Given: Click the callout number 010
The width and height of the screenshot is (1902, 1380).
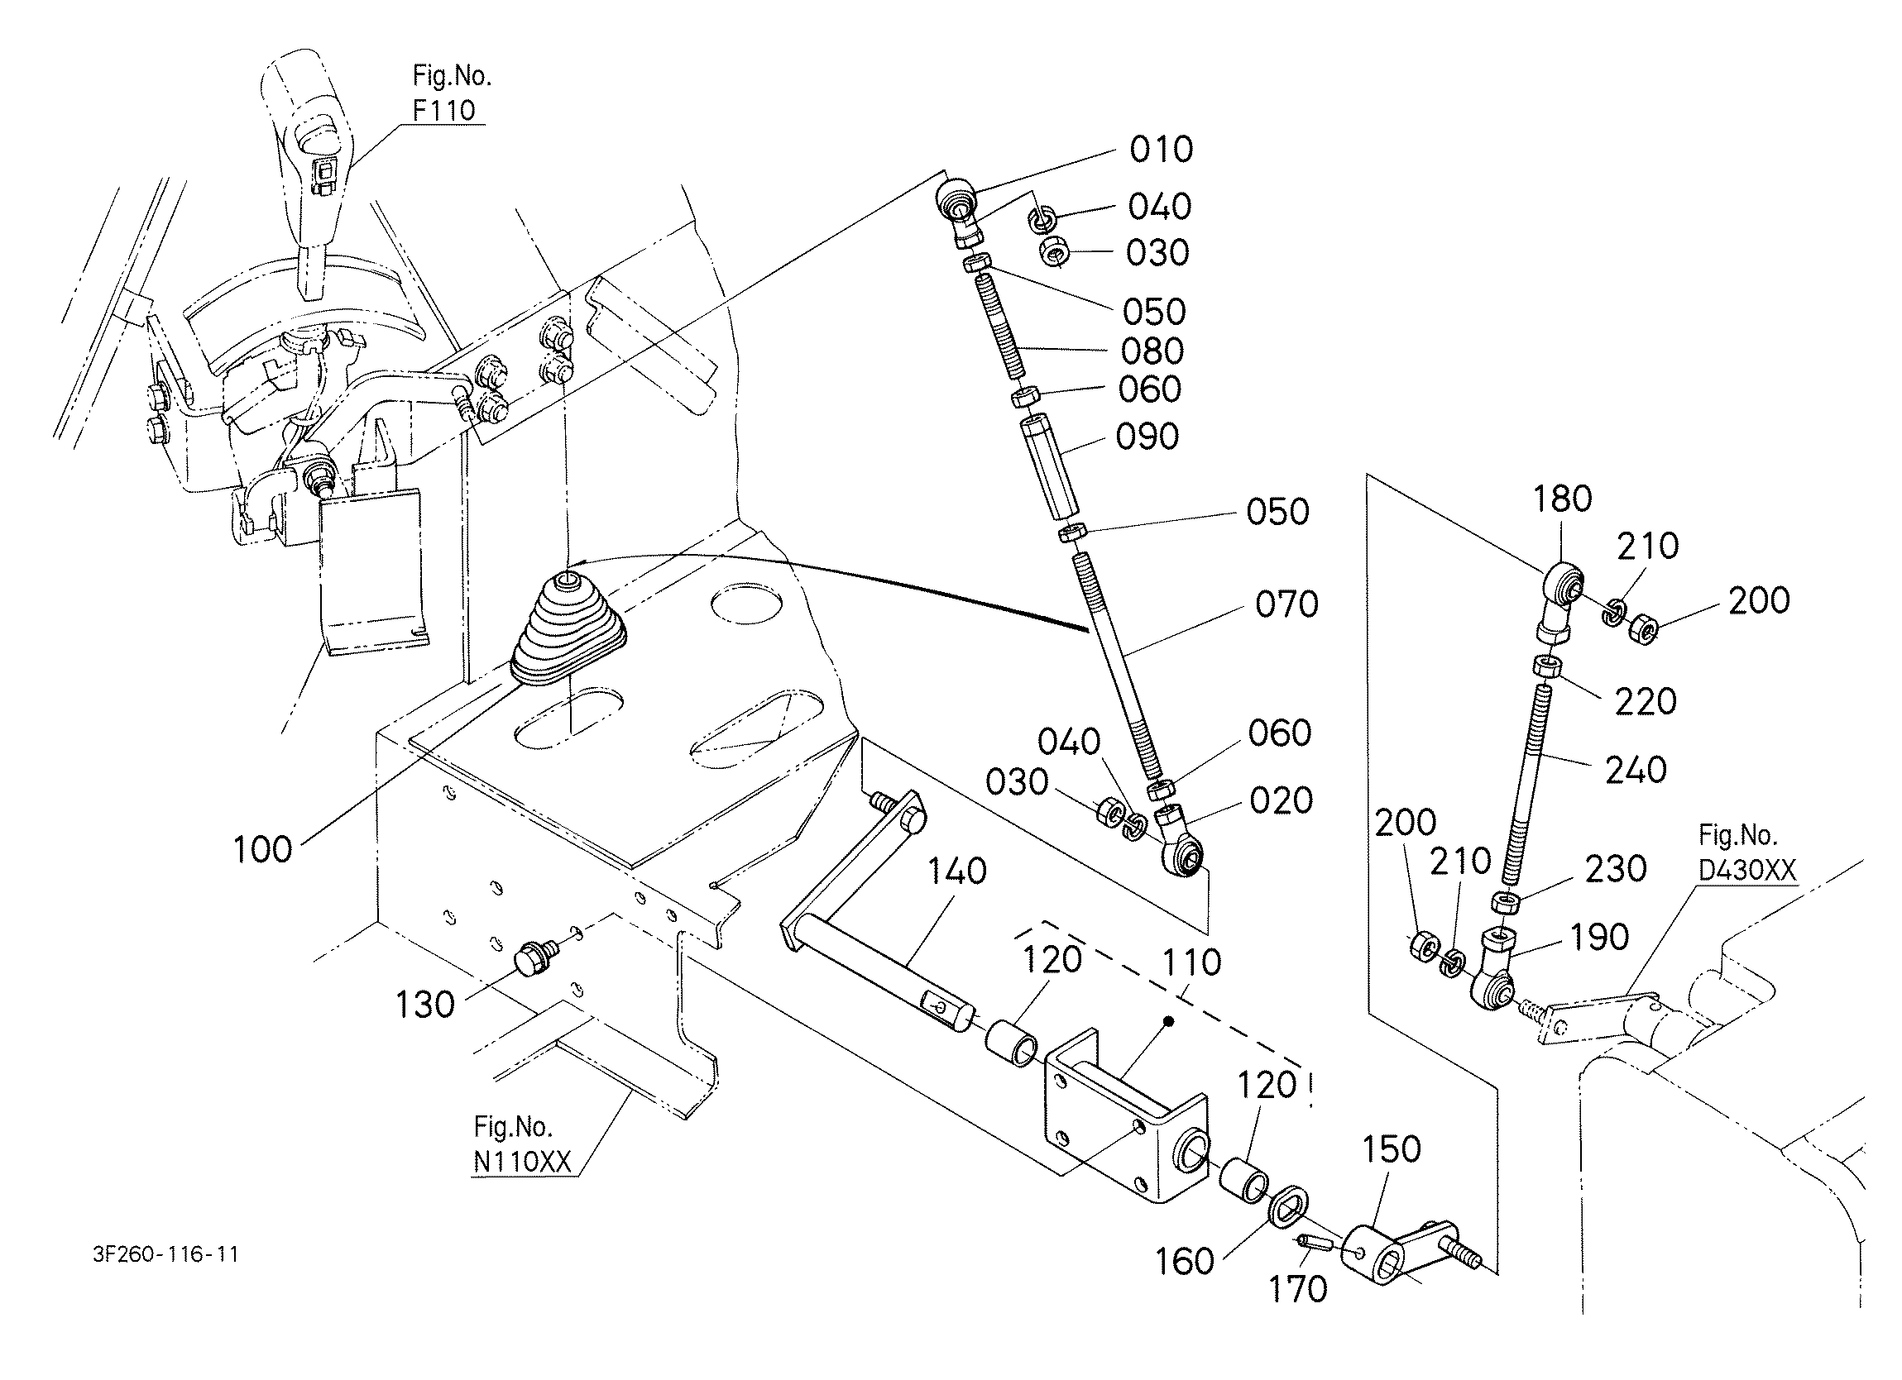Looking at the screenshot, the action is click(x=1161, y=150).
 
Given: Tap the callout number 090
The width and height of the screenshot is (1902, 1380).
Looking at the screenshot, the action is click(x=1147, y=437).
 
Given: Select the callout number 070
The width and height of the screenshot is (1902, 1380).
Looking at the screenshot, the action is click(x=1286, y=604).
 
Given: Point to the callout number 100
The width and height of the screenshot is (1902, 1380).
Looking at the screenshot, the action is click(x=262, y=849).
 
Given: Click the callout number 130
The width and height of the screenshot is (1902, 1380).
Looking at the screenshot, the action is click(x=425, y=1004).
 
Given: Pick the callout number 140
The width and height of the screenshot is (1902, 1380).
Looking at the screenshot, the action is click(x=957, y=872).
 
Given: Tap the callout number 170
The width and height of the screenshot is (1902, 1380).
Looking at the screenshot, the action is click(x=1297, y=1289).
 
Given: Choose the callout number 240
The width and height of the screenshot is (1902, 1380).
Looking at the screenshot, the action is click(x=1636, y=770).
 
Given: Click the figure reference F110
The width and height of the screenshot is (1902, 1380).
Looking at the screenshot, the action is click(x=443, y=110).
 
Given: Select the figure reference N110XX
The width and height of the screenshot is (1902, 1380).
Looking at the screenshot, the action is click(x=522, y=1161).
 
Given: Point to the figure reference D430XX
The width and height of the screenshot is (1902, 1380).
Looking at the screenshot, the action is click(x=1747, y=871).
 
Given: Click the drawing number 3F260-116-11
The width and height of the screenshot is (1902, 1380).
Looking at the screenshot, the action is click(x=166, y=1254).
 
